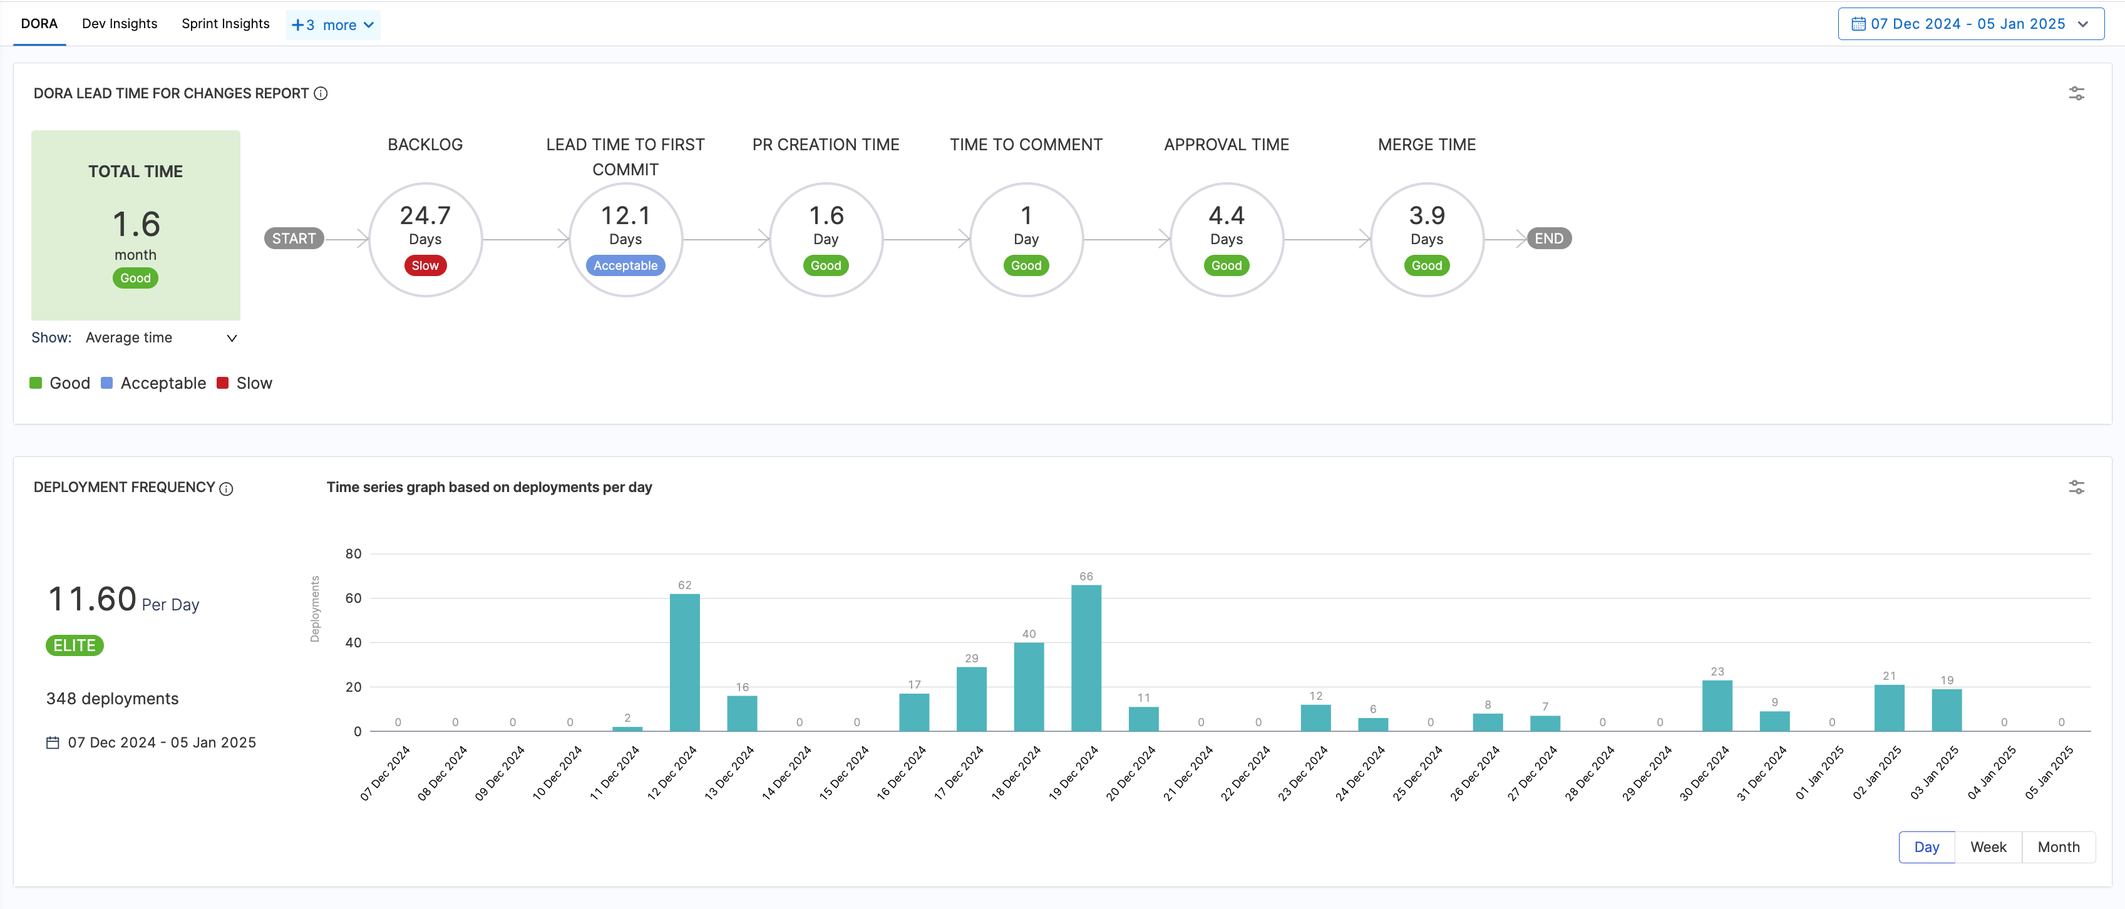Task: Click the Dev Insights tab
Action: [120, 24]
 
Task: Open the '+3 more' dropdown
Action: [332, 25]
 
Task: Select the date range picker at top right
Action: [1970, 24]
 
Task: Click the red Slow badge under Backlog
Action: [425, 265]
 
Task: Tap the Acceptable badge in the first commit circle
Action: [625, 265]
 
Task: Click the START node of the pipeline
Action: [294, 239]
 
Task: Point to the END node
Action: [1548, 239]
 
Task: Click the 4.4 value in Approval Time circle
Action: [1226, 215]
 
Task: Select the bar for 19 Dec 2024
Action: [1086, 657]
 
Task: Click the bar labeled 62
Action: [685, 662]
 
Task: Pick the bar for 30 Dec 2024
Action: [1717, 706]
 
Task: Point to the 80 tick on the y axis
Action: [353, 553]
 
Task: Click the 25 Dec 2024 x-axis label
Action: [1418, 773]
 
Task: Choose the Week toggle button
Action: [1988, 847]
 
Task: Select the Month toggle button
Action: [2058, 847]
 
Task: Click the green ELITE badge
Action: [75, 645]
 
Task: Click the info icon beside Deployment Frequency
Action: [226, 488]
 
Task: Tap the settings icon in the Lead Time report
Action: [2076, 93]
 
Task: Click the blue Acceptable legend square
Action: [106, 383]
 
